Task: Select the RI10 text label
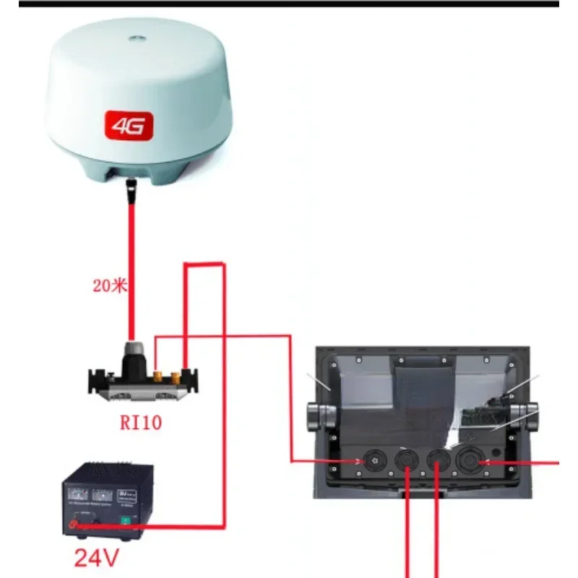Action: click(x=140, y=422)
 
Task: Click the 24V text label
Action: click(x=96, y=558)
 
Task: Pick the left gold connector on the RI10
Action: click(x=157, y=376)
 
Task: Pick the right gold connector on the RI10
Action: click(x=176, y=376)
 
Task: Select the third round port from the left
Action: click(x=436, y=460)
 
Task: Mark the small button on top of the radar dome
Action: click(x=135, y=34)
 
